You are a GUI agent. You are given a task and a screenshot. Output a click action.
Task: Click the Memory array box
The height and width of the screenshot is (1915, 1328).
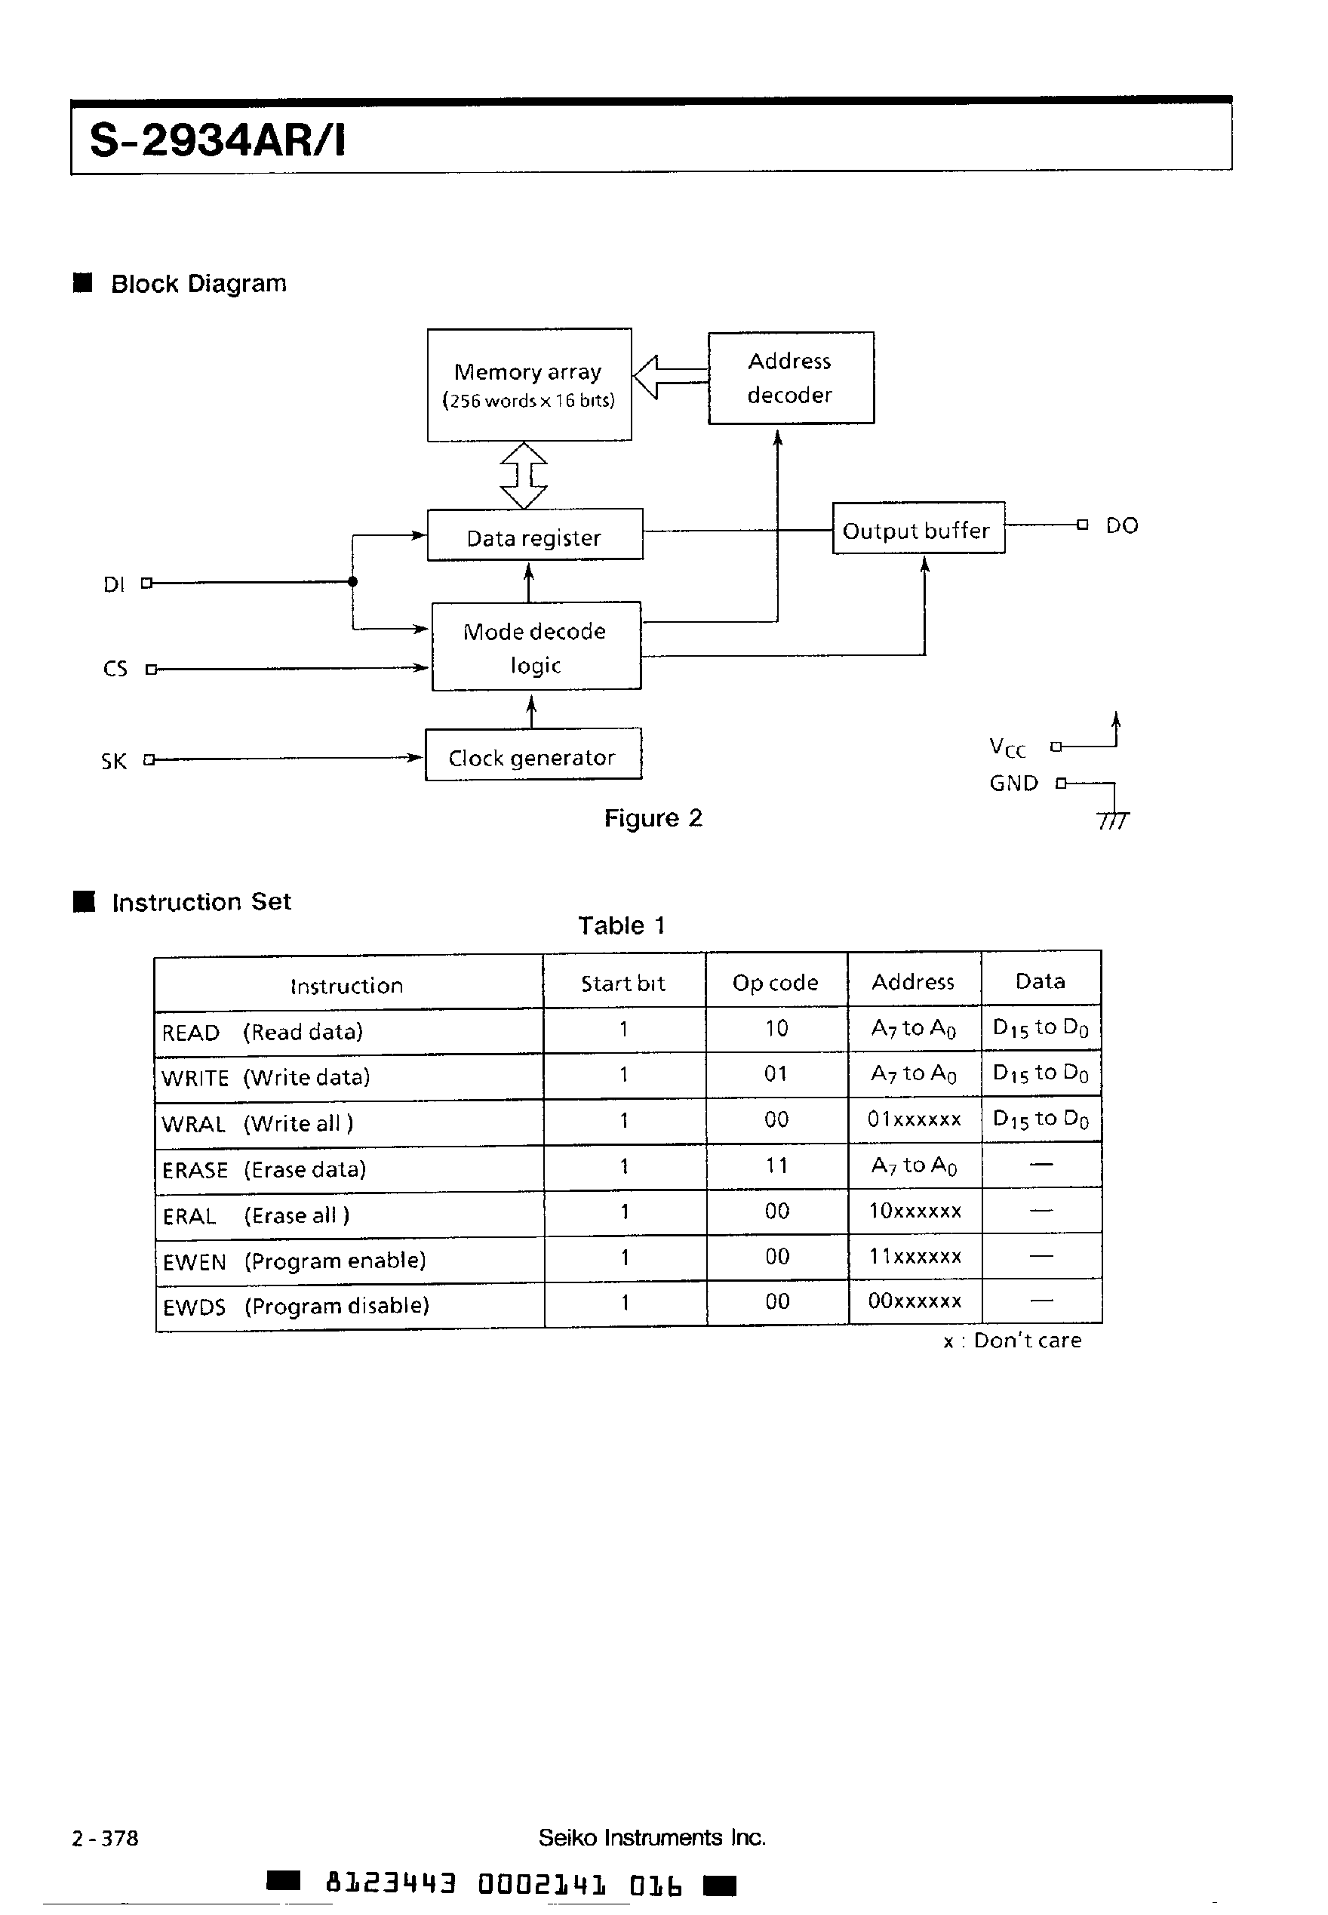(529, 384)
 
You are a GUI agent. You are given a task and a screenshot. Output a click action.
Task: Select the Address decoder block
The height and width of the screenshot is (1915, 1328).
(791, 378)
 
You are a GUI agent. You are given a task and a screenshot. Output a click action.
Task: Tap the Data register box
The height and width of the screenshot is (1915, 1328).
(534, 535)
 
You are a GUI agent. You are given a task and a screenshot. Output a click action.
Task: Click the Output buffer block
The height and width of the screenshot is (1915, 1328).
(918, 528)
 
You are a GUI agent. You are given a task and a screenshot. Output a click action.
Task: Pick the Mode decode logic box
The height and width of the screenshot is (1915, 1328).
(536, 647)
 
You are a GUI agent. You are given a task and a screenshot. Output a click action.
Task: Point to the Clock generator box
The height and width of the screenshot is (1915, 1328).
(533, 755)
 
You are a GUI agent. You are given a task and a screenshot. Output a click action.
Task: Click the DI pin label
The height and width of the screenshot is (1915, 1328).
(114, 584)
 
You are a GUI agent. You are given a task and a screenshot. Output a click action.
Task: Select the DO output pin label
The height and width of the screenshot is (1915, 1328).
(1120, 525)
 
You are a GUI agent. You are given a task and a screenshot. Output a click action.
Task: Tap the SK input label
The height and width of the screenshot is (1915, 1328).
(114, 761)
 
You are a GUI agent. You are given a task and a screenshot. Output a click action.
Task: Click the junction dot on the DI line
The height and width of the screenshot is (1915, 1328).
(353, 582)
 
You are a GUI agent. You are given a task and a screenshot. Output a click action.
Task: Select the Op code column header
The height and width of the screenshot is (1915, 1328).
(776, 983)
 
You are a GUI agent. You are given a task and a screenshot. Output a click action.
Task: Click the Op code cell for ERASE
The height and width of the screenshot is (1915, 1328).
(776, 1165)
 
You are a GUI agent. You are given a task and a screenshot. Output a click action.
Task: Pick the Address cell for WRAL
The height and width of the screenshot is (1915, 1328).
(914, 1119)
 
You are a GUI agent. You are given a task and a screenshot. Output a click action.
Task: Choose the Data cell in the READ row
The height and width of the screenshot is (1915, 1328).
(1040, 1029)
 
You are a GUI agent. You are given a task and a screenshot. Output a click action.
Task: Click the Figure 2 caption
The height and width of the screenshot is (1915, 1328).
(653, 818)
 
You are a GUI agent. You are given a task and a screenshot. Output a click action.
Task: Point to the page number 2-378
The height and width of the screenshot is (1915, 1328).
(106, 1837)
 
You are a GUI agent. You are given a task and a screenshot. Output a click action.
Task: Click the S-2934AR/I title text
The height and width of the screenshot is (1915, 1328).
(217, 140)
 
